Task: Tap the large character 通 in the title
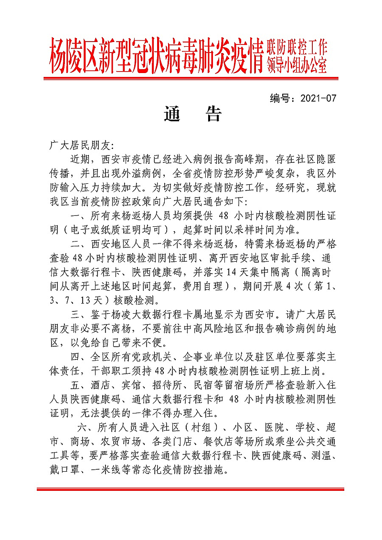[172, 114]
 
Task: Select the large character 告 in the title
[212, 114]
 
